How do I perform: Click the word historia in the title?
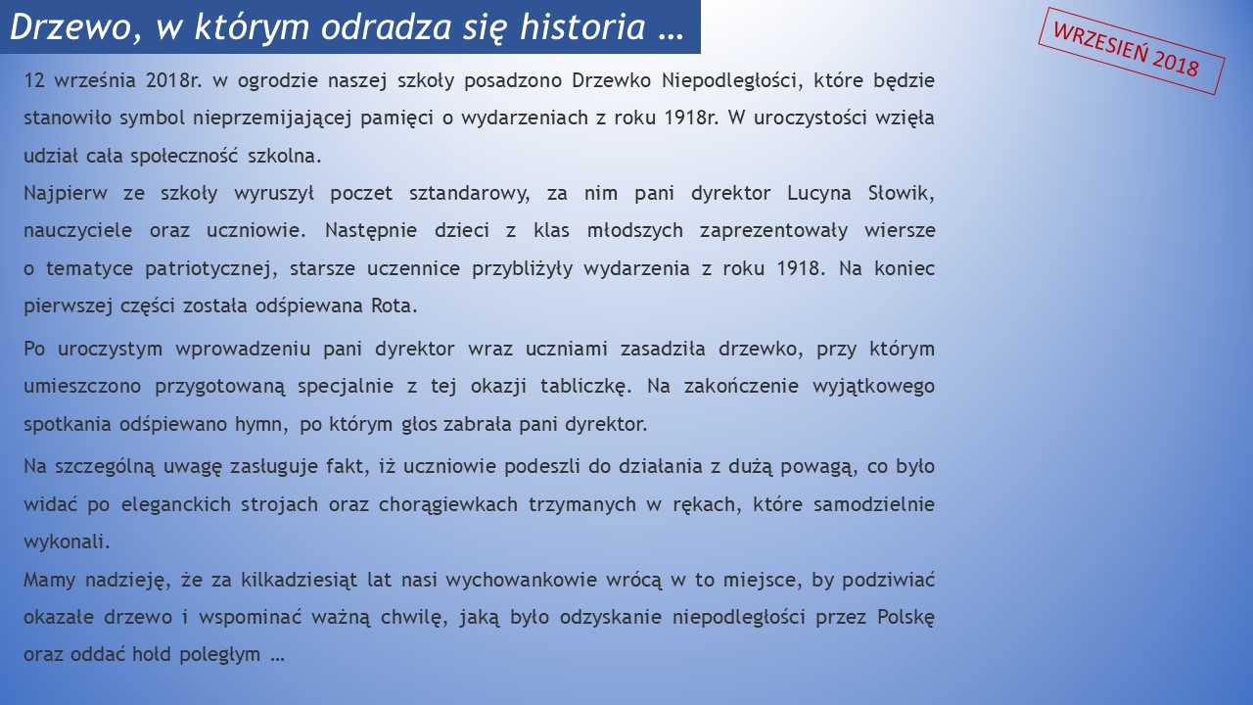pyautogui.click(x=582, y=25)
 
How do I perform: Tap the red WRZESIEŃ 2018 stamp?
pyautogui.click(x=1131, y=51)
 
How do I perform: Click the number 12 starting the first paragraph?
pyautogui.click(x=33, y=80)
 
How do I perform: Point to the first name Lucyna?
pyautogui.click(x=819, y=194)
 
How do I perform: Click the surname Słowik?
pyautogui.click(x=901, y=194)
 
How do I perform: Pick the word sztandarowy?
pyautogui.click(x=469, y=194)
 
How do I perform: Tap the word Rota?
pyautogui.click(x=394, y=306)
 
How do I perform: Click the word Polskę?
pyautogui.click(x=905, y=618)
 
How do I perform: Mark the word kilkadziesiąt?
pyautogui.click(x=299, y=580)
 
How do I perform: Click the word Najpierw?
pyautogui.click(x=65, y=194)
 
